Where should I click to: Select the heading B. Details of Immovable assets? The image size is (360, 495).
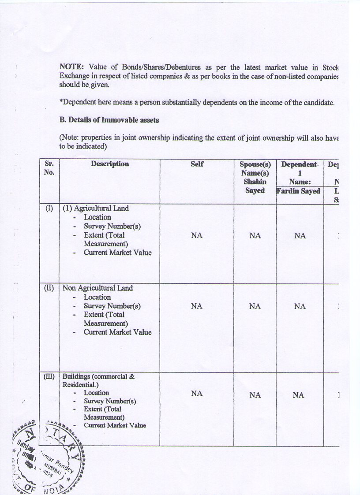(x=109, y=119)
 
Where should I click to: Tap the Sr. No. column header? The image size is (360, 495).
(x=49, y=168)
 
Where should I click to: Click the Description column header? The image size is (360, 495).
(x=110, y=164)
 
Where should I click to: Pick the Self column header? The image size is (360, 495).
(x=197, y=164)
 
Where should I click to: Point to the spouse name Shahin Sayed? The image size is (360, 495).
(x=255, y=186)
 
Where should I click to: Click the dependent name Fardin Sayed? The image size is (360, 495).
(x=299, y=191)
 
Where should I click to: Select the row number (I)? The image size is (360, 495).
(x=49, y=208)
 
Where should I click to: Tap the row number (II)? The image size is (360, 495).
(x=49, y=288)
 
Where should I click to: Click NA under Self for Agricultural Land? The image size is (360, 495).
(x=197, y=236)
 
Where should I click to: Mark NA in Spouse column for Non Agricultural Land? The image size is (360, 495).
(x=255, y=306)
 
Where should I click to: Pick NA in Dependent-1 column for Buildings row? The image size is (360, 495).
(x=299, y=395)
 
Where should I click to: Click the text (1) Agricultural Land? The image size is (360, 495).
(x=96, y=208)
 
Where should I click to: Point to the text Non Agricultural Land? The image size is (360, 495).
(x=97, y=288)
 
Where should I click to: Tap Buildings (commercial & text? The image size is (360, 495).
(x=98, y=376)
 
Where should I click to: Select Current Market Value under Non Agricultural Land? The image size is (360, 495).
(x=117, y=332)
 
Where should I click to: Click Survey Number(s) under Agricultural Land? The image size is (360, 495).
(x=112, y=226)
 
